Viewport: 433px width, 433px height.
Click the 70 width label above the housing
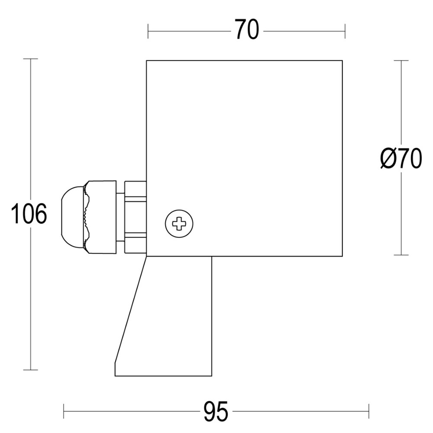(x=247, y=30)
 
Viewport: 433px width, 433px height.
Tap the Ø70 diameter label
(x=401, y=159)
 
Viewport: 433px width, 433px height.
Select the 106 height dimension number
(x=29, y=214)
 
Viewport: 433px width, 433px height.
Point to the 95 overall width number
(x=215, y=411)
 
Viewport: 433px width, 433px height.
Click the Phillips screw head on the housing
(x=179, y=224)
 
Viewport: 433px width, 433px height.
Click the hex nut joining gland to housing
(x=135, y=217)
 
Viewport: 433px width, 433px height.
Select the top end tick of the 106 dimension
(x=30, y=59)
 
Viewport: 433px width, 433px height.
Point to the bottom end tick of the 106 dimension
(x=30, y=370)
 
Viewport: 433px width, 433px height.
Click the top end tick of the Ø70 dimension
(x=401, y=60)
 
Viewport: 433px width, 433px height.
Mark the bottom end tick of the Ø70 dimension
(x=401, y=255)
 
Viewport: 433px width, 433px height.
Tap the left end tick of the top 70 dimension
(x=148, y=31)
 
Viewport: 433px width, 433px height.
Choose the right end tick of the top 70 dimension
(x=345, y=31)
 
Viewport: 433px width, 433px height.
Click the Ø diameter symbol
(x=388, y=159)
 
